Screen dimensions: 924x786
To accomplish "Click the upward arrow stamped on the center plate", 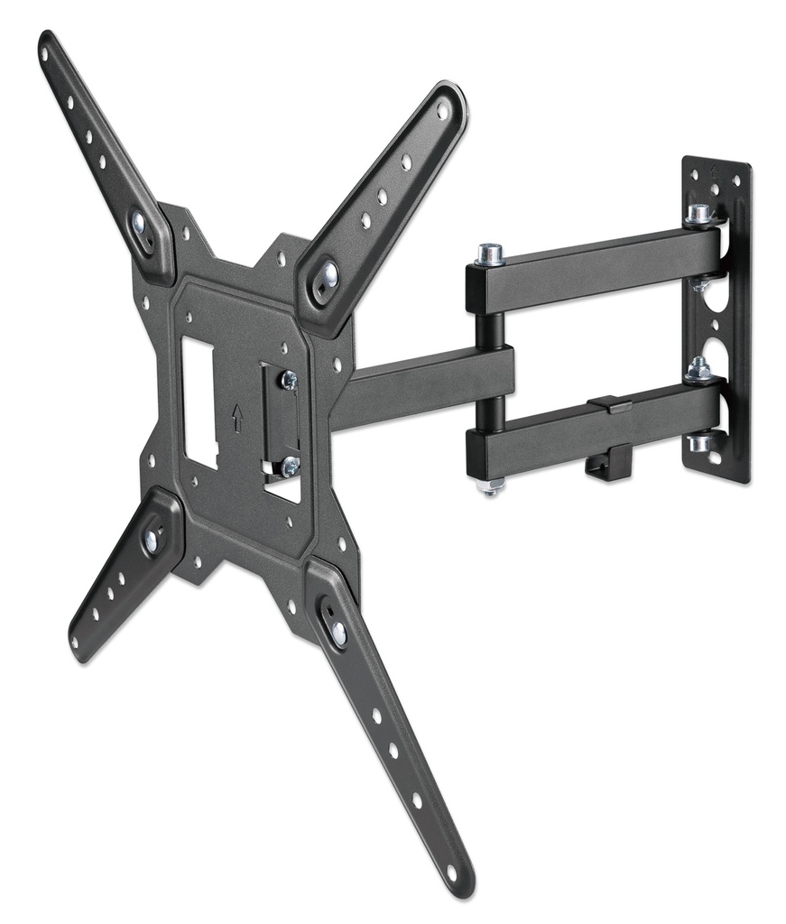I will pos(237,417).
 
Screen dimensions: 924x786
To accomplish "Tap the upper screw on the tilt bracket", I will pos(289,380).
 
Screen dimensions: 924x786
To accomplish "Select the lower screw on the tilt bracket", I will pos(289,467).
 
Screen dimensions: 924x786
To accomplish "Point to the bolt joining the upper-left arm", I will pos(140,222).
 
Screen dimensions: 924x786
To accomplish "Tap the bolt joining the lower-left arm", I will pos(152,540).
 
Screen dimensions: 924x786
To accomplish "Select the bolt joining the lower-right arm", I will pos(338,632).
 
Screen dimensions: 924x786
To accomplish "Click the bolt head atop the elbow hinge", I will pos(490,254).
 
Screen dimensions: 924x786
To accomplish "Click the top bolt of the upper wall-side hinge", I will pos(698,214).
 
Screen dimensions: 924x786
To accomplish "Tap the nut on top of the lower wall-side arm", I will pos(698,368).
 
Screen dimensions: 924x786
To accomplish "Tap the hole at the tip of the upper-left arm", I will pos(44,53).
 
